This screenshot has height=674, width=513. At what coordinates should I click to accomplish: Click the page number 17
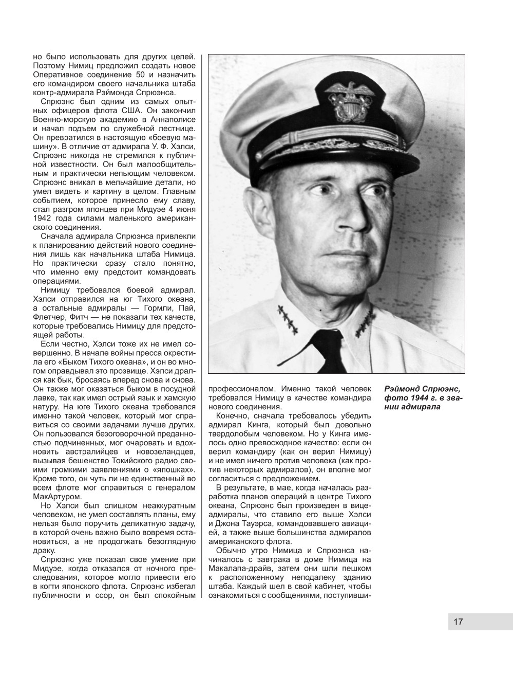458,622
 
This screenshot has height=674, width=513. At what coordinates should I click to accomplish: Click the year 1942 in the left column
42,218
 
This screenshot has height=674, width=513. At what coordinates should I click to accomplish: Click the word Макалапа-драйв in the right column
238,568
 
